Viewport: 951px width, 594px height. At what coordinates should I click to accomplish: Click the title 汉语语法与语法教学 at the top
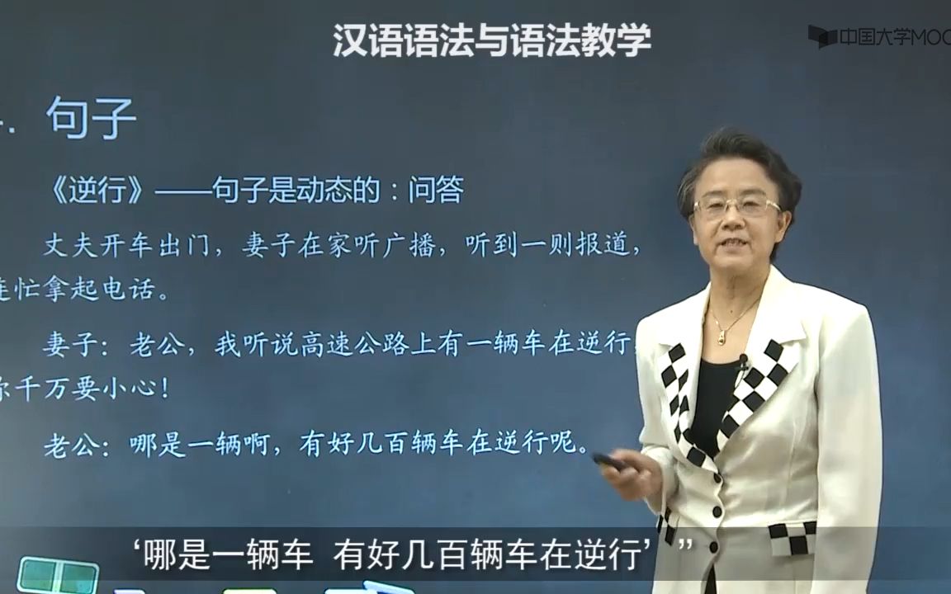492,40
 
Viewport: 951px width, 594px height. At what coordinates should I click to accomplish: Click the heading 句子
91,118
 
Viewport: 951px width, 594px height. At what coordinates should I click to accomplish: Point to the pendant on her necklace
721,337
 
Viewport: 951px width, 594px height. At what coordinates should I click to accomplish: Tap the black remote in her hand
608,461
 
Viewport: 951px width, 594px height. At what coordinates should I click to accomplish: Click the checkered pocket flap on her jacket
791,537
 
